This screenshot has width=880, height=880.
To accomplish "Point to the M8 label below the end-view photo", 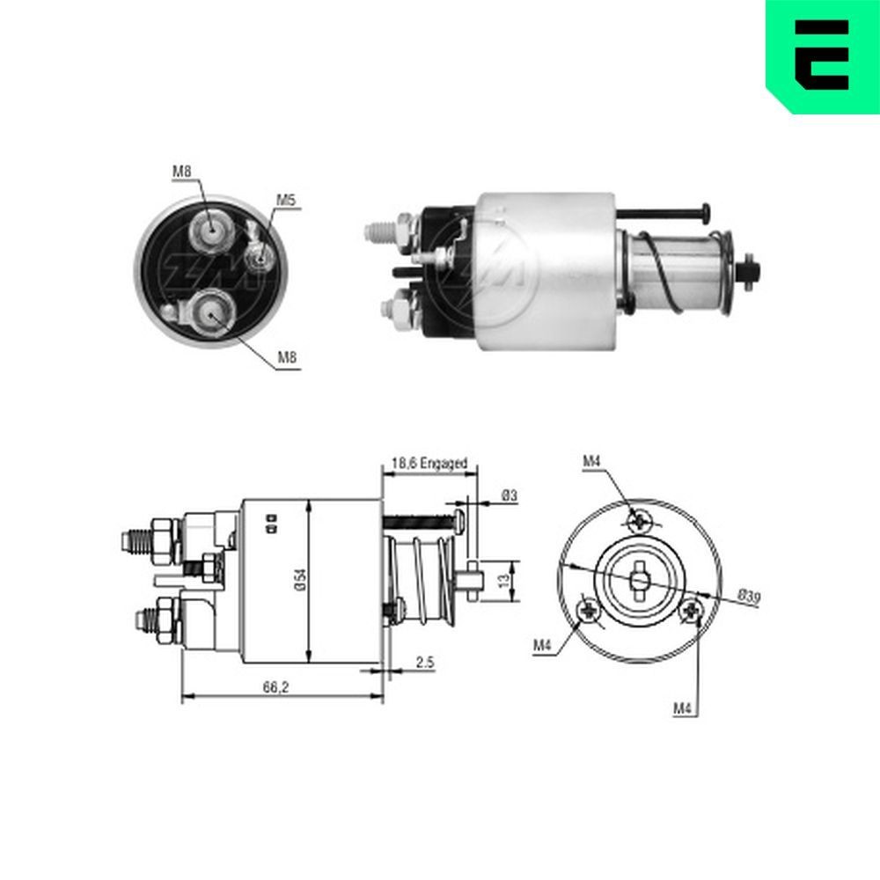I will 287,356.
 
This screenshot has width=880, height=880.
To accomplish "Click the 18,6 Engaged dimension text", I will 429,463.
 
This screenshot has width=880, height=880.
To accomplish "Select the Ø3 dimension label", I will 508,496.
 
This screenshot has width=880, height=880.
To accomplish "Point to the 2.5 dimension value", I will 425,663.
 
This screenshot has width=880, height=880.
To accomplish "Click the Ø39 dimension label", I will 748,598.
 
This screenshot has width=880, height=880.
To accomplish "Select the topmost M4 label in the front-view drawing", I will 591,460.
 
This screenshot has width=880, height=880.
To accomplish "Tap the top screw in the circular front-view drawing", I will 640,520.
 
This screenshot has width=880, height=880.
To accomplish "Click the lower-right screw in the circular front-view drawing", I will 693,608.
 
